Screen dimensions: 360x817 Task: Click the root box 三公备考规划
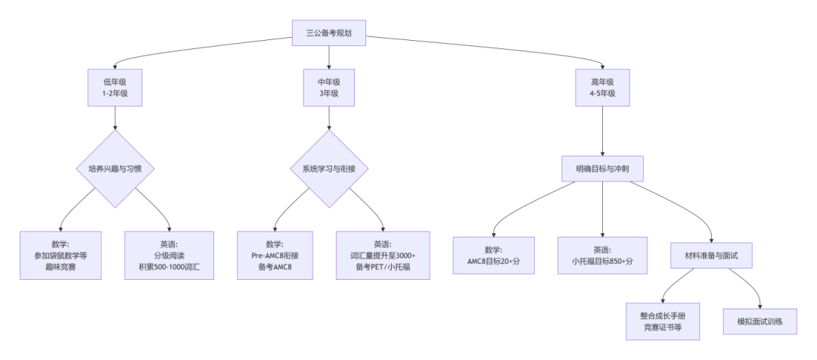pyautogui.click(x=328, y=33)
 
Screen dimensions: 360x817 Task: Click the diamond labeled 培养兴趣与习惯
pyautogui.click(x=114, y=169)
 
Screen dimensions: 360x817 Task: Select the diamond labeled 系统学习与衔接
pyautogui.click(x=328, y=169)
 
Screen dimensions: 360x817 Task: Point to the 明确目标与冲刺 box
pyautogui.click(x=602, y=169)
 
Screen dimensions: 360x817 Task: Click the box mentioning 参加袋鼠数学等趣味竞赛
pyautogui.click(x=61, y=256)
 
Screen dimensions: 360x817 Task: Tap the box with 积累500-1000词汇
pyautogui.click(x=168, y=256)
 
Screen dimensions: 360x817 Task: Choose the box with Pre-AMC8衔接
pyautogui.click(x=275, y=256)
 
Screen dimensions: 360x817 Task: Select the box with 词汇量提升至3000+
pyautogui.click(x=383, y=256)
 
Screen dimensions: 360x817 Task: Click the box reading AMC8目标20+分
pyautogui.click(x=493, y=256)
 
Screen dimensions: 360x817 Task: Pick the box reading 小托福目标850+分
pyautogui.click(x=602, y=256)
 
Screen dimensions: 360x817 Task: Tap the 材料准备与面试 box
pyautogui.click(x=711, y=256)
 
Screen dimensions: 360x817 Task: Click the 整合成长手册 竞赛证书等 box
pyautogui.click(x=663, y=321)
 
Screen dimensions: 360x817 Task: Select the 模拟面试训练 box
pyautogui.click(x=760, y=321)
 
